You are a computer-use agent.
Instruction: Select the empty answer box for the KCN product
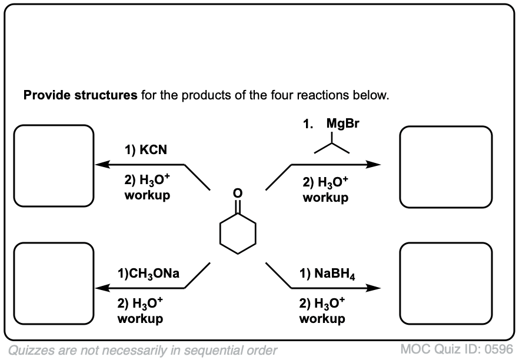(54, 166)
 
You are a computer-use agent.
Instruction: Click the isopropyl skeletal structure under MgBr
(332, 145)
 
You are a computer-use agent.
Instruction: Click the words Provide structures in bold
(80, 95)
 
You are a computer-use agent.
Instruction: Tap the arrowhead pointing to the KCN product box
(101, 165)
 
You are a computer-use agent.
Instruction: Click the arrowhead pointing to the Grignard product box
(374, 165)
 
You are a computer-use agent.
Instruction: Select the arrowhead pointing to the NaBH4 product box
(374, 288)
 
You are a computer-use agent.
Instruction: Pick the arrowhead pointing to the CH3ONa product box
(101, 288)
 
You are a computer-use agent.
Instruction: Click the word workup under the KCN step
(147, 195)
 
